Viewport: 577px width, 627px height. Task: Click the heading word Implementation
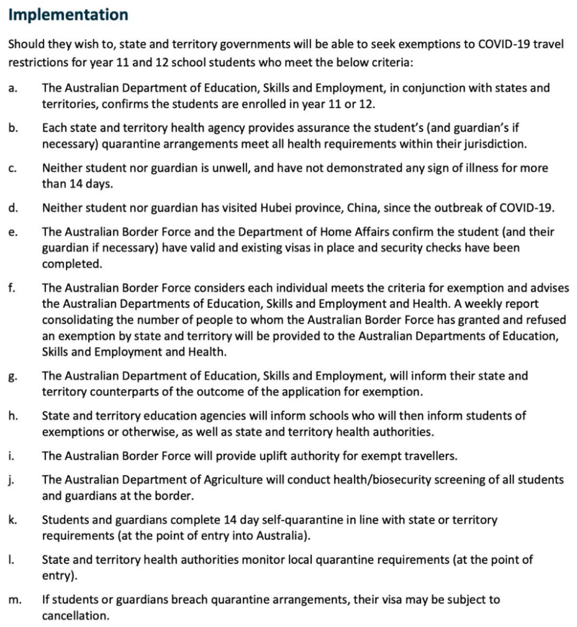68,15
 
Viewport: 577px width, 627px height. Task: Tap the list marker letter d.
13,209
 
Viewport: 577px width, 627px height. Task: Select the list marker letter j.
12,480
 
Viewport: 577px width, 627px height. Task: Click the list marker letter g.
13,376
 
